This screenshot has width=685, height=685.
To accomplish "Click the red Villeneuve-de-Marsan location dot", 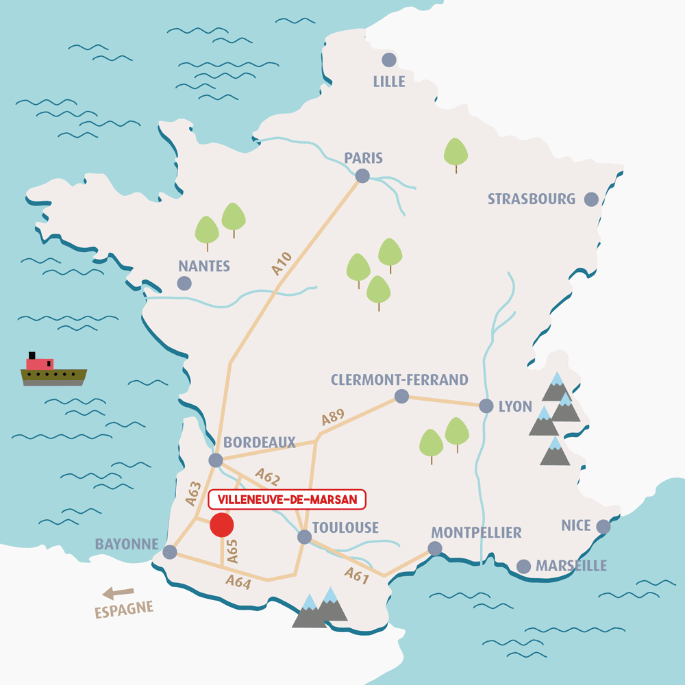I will pyautogui.click(x=222, y=525).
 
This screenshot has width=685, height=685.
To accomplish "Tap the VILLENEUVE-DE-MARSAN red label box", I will pyautogui.click(x=287, y=500).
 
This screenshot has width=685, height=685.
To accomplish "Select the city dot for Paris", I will pyautogui.click(x=362, y=176).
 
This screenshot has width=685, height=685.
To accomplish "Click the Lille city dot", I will pyautogui.click(x=389, y=60).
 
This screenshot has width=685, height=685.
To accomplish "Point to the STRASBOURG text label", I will pyautogui.click(x=532, y=199).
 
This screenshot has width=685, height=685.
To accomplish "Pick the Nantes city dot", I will pyautogui.click(x=184, y=283).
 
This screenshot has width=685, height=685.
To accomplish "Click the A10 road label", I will pyautogui.click(x=282, y=264).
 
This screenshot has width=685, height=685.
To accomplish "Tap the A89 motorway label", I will pyautogui.click(x=332, y=419).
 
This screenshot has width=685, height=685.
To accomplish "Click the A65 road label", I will pyautogui.click(x=232, y=551).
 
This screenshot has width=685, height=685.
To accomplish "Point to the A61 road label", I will pyautogui.click(x=357, y=576).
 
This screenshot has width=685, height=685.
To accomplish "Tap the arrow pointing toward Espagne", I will pyautogui.click(x=118, y=593).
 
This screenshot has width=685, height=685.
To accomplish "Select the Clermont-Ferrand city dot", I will pyautogui.click(x=401, y=396).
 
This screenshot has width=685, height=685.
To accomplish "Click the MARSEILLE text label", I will pyautogui.click(x=571, y=566).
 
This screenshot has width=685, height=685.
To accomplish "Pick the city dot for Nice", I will pyautogui.click(x=603, y=526).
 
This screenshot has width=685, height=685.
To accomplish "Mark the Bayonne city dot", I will pyautogui.click(x=170, y=551).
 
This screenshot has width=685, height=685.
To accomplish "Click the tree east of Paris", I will pyautogui.click(x=456, y=153).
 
